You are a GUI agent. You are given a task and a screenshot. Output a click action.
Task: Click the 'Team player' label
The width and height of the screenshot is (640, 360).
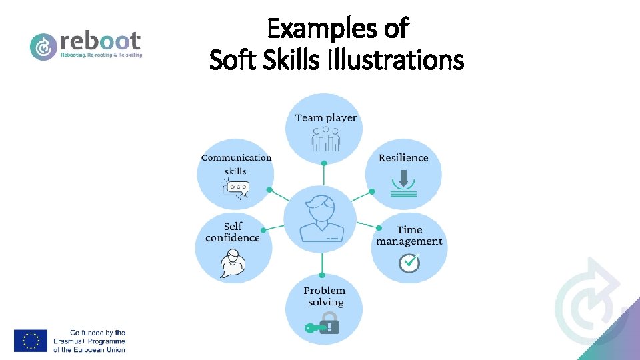coord(325,118)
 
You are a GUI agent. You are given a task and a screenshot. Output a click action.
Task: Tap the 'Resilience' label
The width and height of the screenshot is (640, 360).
coord(403,158)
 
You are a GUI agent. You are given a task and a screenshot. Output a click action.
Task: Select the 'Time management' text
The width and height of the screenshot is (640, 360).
coord(409,235)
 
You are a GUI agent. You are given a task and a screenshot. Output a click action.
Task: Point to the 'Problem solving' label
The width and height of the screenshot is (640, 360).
coord(325,296)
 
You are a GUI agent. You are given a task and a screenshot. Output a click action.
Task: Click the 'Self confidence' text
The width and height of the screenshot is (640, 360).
coord(233,232)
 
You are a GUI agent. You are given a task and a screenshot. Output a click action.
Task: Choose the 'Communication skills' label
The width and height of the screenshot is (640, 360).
coord(236,164)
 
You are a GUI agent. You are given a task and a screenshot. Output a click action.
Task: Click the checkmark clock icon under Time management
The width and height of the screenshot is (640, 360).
coord(409,263)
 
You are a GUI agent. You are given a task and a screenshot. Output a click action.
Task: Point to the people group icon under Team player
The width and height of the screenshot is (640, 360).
coord(325,139)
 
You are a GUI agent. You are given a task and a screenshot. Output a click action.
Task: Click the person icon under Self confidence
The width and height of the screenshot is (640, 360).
coord(233,262)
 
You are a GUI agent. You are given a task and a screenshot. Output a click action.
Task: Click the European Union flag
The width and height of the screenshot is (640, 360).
coord(31,341)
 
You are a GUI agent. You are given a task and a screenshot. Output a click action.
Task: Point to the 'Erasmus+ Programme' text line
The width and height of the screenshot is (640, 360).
coord(89,341)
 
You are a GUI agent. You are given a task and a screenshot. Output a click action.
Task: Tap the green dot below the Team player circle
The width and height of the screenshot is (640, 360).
coord(323,163)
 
